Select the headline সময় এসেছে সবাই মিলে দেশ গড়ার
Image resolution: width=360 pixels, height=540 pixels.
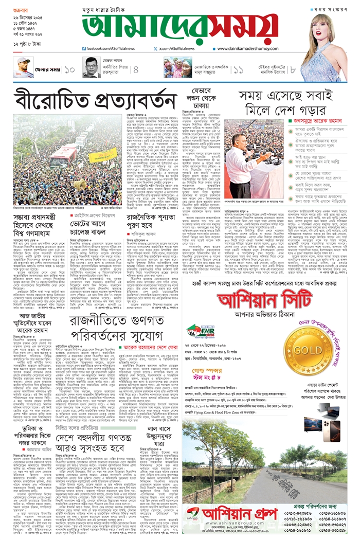(286, 102)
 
